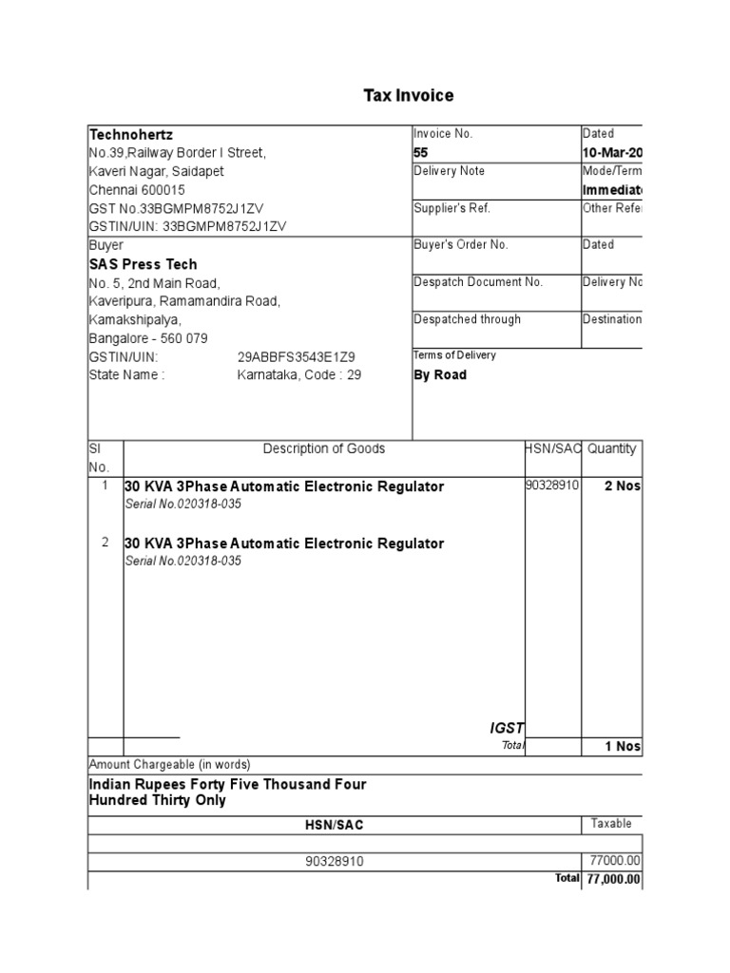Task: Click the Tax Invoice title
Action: tap(409, 96)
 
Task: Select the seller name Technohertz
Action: tap(130, 134)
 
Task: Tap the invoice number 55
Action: tap(421, 152)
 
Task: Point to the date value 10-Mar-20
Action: tap(612, 152)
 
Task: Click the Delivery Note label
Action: tap(450, 171)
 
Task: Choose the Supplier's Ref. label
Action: tap(451, 208)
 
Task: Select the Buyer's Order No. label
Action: tap(461, 245)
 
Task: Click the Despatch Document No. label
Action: tap(478, 282)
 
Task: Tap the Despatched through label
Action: tap(467, 319)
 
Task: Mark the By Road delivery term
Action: tap(440, 374)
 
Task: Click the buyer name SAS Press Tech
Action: tap(143, 264)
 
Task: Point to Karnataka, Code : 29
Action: tap(299, 374)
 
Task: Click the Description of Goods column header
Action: tap(324, 448)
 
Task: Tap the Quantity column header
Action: tap(611, 448)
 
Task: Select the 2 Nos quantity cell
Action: tap(623, 486)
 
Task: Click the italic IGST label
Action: tap(507, 728)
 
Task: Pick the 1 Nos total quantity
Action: tap(623, 747)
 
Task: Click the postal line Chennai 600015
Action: tap(137, 190)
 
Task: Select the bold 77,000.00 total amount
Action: tap(613, 880)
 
